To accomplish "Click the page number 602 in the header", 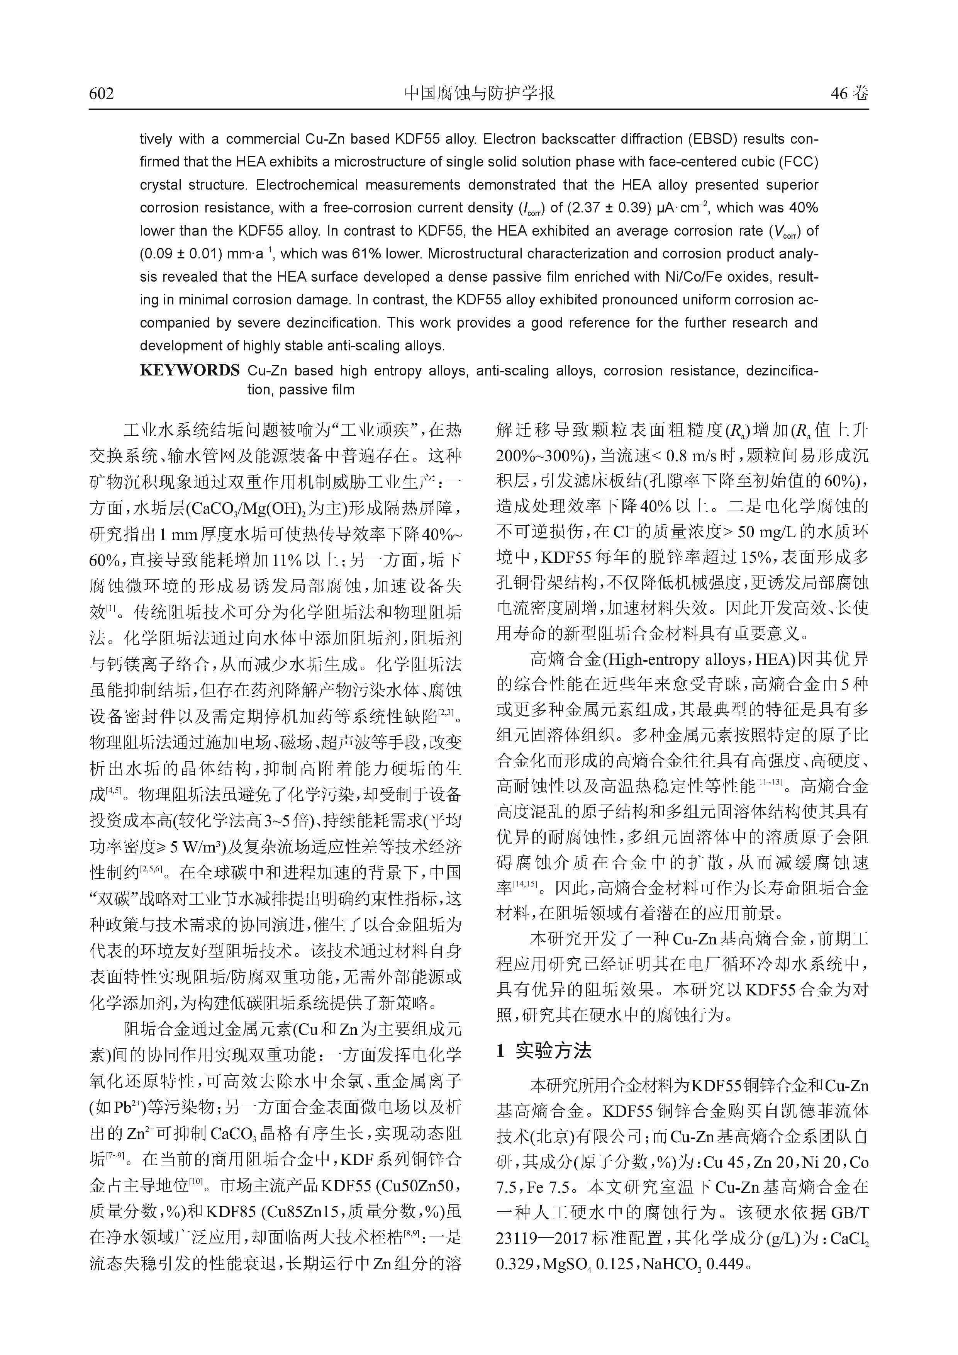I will click(102, 93).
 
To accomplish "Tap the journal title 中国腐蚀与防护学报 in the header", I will click(479, 93).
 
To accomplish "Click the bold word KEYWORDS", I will click(189, 371).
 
